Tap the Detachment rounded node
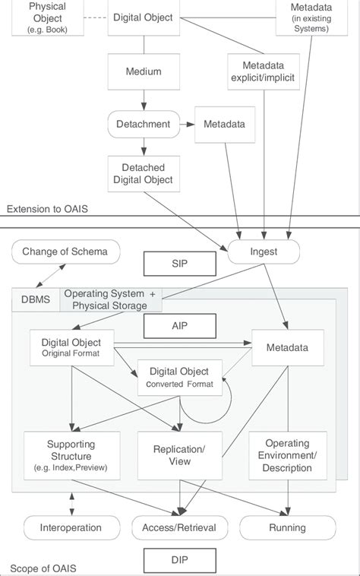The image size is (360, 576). tap(142, 122)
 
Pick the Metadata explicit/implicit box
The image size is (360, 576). tap(260, 72)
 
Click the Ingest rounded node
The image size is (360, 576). tap(262, 251)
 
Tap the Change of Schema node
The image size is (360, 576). tap(65, 252)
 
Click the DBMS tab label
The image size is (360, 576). tap(35, 299)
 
